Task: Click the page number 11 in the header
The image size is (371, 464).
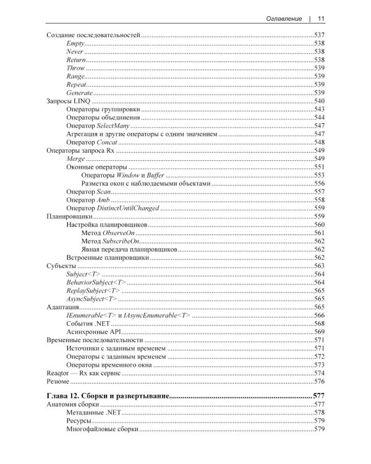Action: click(x=322, y=19)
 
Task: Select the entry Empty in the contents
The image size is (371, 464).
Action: click(x=74, y=43)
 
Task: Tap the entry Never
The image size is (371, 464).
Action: click(x=74, y=51)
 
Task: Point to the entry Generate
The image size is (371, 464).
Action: click(x=79, y=92)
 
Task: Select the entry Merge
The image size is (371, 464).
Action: click(x=75, y=158)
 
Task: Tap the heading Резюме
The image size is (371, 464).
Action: click(x=58, y=382)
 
